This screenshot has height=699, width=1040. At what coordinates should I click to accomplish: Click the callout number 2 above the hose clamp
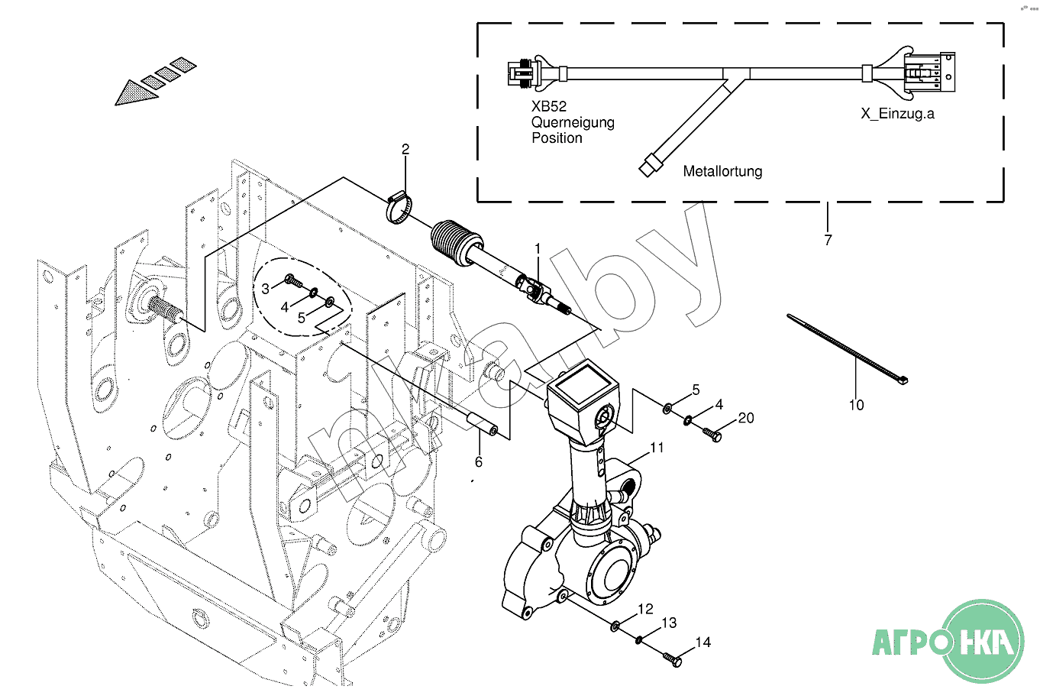405,150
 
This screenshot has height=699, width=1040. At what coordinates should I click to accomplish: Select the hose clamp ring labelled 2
399,208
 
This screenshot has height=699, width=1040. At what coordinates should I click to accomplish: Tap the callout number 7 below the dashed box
828,240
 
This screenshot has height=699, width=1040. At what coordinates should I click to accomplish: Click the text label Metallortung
722,171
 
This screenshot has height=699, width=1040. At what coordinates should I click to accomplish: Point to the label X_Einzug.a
897,114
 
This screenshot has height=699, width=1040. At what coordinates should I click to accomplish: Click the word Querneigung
573,123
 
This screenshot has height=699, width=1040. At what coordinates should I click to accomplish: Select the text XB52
549,106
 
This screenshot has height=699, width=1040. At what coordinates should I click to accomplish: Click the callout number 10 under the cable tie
856,406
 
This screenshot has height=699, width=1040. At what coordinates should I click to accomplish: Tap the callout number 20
746,418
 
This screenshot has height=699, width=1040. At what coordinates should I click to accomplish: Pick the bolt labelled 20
712,435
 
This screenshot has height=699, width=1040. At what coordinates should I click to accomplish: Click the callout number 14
703,642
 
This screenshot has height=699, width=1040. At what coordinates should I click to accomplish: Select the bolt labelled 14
672,659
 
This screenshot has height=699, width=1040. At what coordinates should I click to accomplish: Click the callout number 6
478,461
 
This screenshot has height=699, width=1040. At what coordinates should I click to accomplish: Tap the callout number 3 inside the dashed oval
265,289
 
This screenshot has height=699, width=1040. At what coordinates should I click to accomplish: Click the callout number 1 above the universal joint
538,249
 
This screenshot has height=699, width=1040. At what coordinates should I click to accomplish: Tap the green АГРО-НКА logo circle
983,642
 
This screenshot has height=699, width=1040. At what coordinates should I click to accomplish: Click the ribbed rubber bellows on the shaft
457,242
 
